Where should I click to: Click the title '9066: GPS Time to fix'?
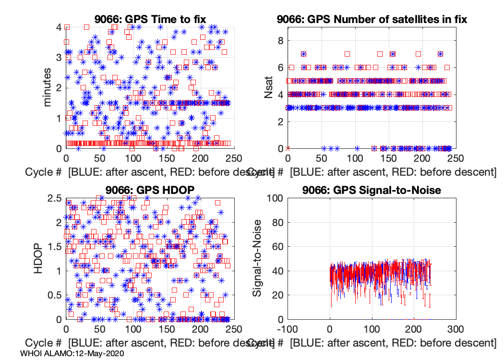(x=150, y=19)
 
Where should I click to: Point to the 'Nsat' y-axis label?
(x=269, y=87)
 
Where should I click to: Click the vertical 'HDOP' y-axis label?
(x=41, y=258)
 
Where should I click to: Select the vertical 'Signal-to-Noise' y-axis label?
(x=258, y=258)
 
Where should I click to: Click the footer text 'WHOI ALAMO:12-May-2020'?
(x=72, y=353)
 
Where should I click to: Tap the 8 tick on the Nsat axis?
(x=278, y=41)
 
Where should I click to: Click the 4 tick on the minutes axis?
(x=59, y=27)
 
